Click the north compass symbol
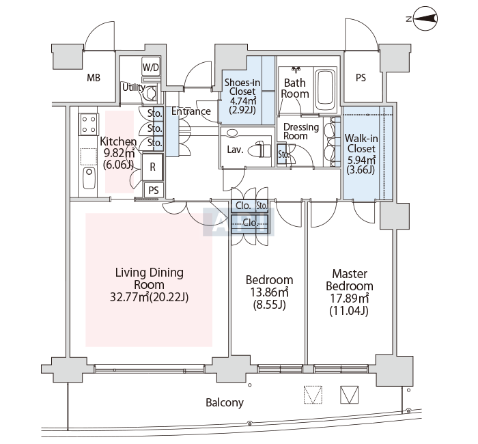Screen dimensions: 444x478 point(427,19)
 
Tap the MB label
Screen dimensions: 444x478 point(94,78)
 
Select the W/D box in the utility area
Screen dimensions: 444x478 point(151,68)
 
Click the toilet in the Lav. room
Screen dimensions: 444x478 point(257,149)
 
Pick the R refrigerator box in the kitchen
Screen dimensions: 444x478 point(152,166)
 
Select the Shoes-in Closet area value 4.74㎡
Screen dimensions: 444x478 point(241,100)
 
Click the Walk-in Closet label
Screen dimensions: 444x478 point(361,143)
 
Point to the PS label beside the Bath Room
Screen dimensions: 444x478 point(361,78)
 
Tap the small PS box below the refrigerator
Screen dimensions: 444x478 point(154,190)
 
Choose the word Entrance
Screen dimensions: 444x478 point(191,111)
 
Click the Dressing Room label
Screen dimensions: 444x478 point(301,131)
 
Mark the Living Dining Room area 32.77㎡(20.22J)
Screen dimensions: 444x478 point(149,297)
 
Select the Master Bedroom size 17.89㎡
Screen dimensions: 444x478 point(350,299)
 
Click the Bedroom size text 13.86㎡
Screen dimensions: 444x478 point(269,292)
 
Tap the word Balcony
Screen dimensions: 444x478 point(225,403)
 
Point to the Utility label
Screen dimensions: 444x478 point(132,87)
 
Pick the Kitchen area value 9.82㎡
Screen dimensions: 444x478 point(119,153)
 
